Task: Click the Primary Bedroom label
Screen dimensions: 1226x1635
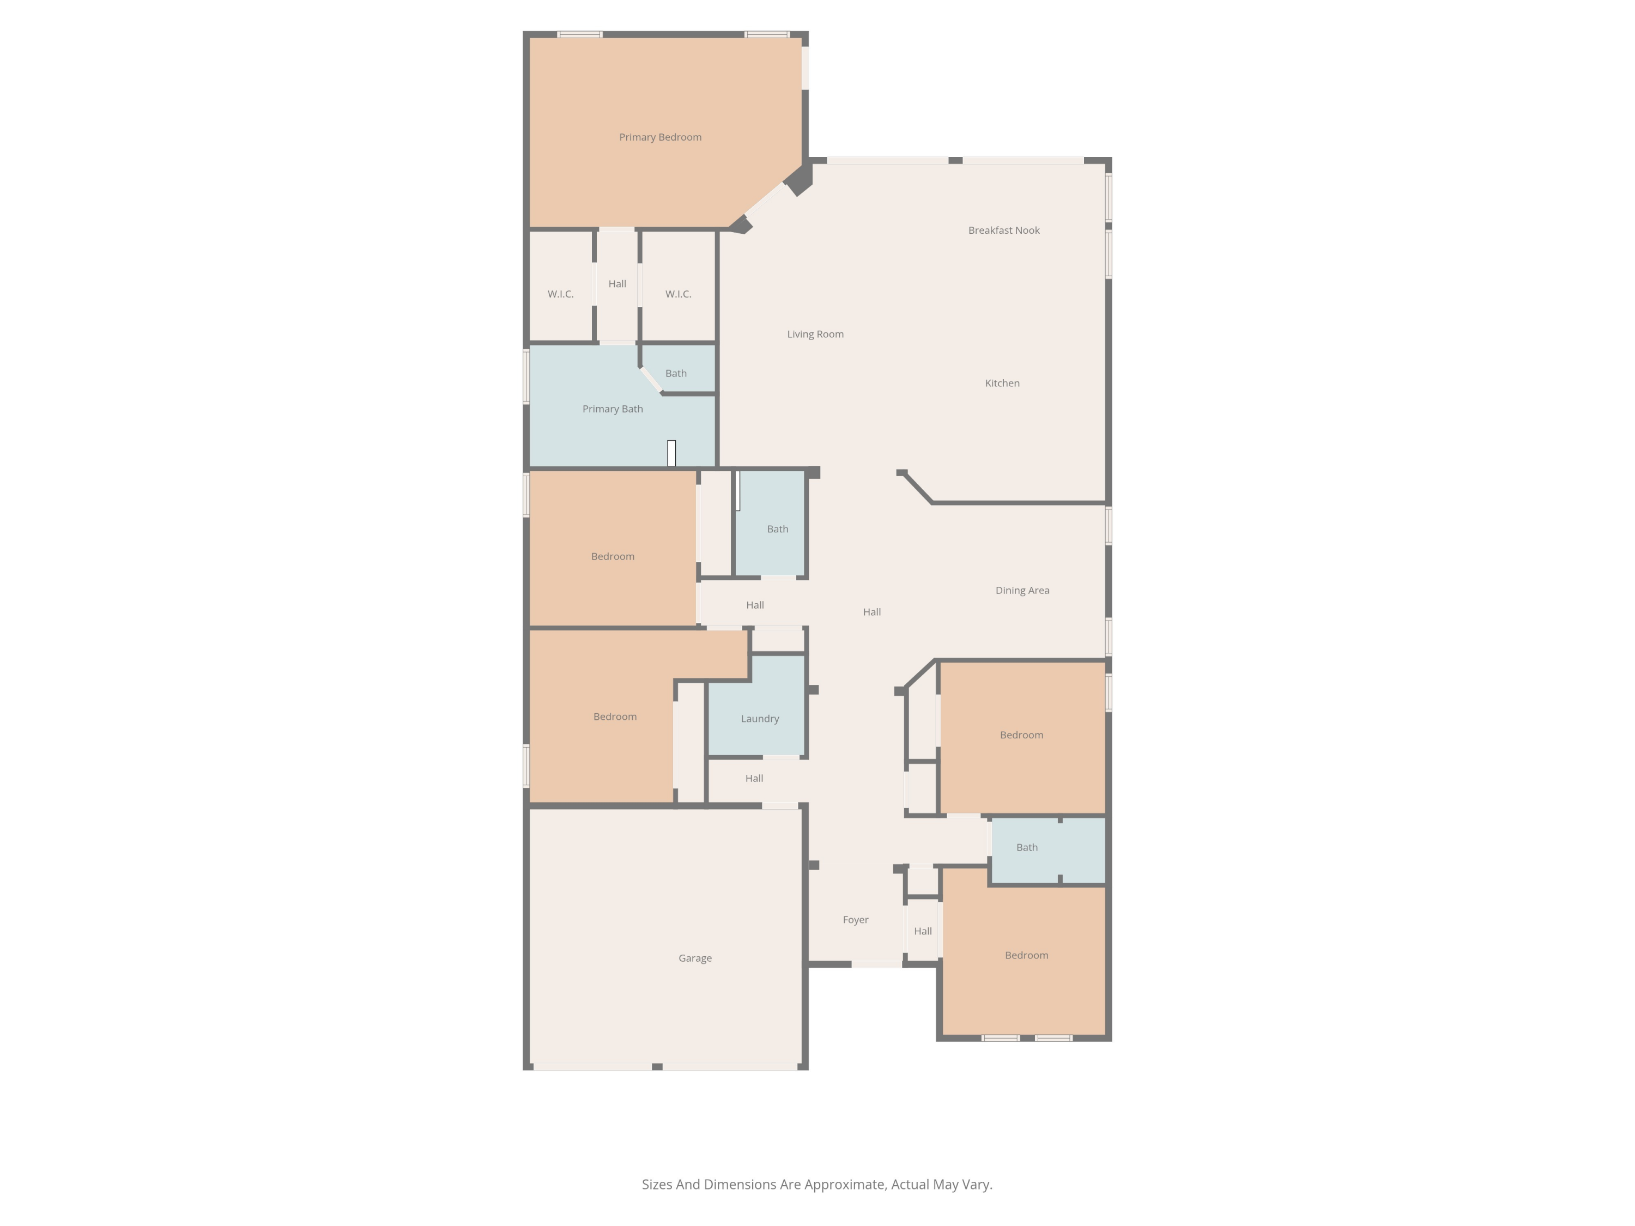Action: [x=660, y=137]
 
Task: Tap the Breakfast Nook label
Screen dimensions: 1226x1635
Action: [x=1004, y=230]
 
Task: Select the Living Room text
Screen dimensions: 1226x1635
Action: [x=815, y=334]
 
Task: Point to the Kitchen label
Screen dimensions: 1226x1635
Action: [x=1002, y=383]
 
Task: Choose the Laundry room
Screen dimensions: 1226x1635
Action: [x=759, y=718]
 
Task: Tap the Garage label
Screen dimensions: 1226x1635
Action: [x=695, y=958]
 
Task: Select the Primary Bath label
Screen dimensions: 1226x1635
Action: [x=612, y=409]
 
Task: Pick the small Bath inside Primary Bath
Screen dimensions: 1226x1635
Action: [x=676, y=373]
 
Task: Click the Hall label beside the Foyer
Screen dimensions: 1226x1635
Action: [x=923, y=931]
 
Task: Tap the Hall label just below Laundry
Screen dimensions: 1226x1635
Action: [x=754, y=778]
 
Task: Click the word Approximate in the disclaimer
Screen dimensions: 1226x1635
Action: [x=844, y=1184]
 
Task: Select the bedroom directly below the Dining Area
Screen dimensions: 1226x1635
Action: [x=1021, y=735]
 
